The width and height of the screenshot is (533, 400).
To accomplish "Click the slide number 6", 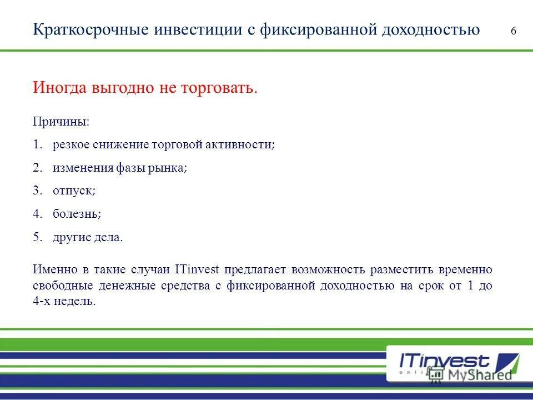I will tap(513, 31).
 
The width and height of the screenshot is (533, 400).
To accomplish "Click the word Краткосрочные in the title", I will tap(85, 29).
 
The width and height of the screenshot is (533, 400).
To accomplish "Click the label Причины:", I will tap(61, 121).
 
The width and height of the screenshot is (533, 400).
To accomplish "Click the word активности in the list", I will tap(245, 144).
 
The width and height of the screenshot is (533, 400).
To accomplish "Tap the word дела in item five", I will tap(110, 237).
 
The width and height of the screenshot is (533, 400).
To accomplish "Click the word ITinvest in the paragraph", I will tap(197, 270).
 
